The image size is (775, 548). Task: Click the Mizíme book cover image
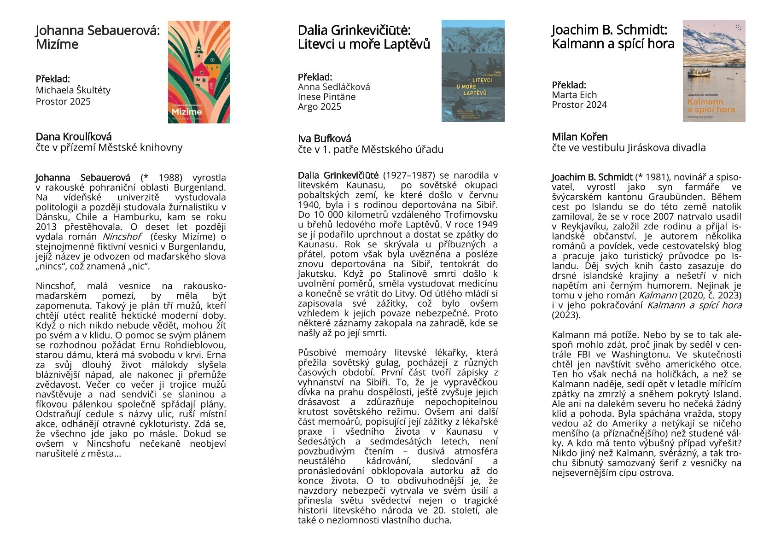coord(199,72)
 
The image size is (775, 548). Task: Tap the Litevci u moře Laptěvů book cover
coord(473,71)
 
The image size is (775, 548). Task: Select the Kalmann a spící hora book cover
coord(714,71)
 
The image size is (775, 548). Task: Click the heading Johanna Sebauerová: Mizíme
coord(98,37)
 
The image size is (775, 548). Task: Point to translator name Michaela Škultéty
coord(73,90)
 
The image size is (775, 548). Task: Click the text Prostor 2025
coord(63,101)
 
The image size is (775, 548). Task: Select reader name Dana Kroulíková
coord(74,137)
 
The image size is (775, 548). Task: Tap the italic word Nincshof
coord(122,237)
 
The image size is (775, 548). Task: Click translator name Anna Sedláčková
coord(334,87)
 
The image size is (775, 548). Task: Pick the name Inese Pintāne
coord(326,97)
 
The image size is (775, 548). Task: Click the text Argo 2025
coord(320,107)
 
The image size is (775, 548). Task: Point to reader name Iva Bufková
coord(324,139)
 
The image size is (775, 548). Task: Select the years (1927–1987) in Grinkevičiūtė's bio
coord(409,175)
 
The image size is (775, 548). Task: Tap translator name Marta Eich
coord(574,95)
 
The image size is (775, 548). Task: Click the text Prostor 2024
coord(579,105)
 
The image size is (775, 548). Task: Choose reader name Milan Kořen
coord(580,137)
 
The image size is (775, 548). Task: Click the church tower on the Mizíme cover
coord(198,46)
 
